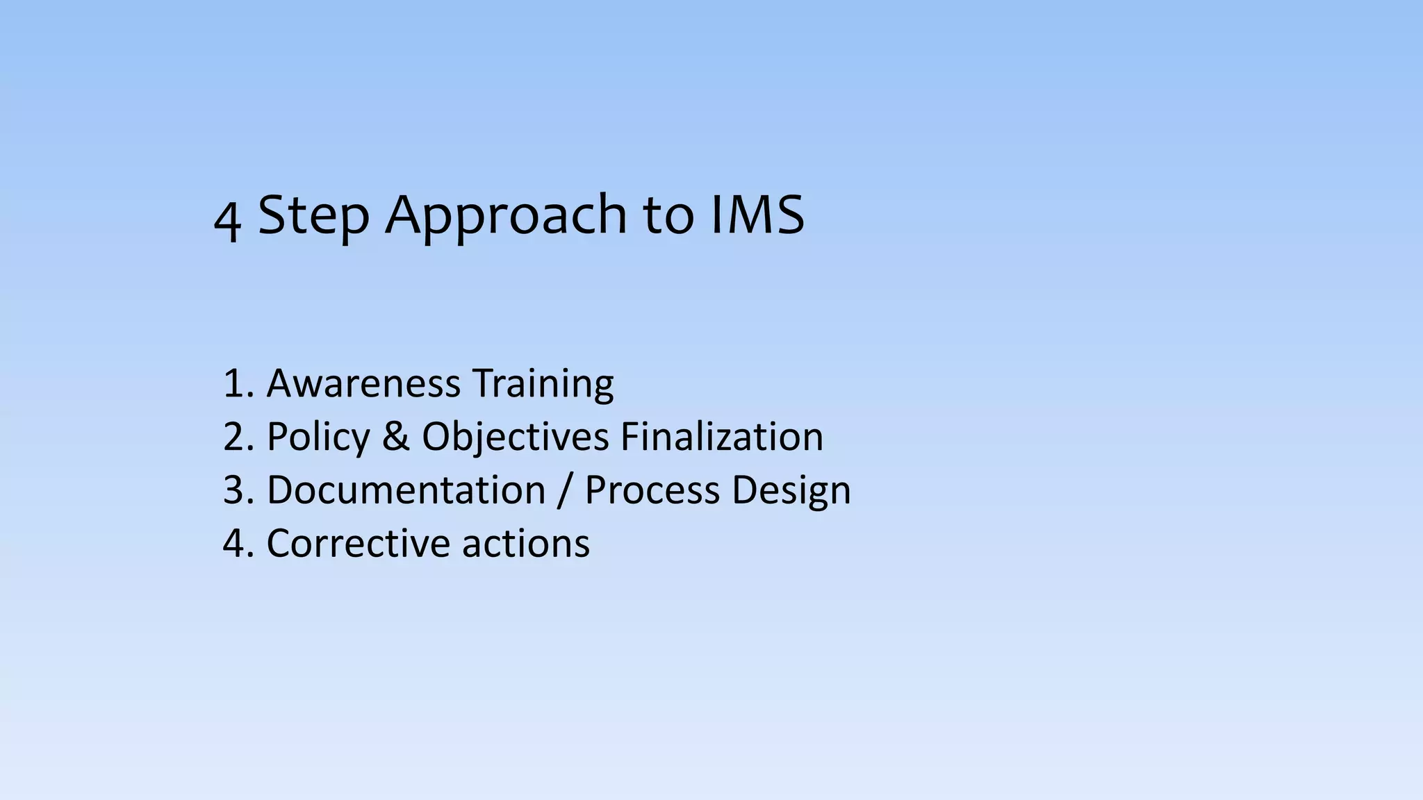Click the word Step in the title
click(x=313, y=215)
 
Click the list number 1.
click(x=236, y=383)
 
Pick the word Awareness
click(x=363, y=383)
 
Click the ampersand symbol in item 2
click(x=395, y=437)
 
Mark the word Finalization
click(x=721, y=437)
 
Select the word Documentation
click(x=406, y=490)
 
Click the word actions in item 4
click(x=526, y=543)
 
